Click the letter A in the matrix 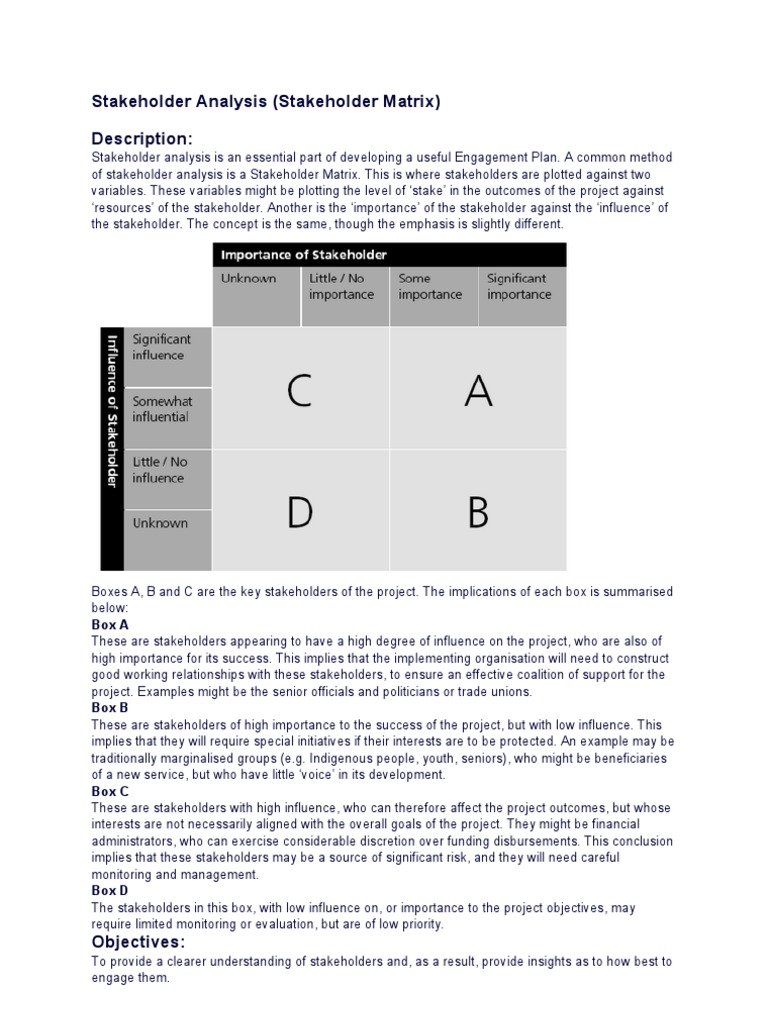478,392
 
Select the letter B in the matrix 478,512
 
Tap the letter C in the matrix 299,392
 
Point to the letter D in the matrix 299,512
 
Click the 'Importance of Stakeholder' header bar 389,254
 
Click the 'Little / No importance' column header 342,287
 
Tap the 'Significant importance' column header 519,287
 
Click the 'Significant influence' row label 161,348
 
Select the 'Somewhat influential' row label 162,409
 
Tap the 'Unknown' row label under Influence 160,523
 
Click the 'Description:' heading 142,138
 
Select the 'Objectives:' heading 138,942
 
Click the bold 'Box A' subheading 110,625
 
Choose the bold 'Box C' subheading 110,791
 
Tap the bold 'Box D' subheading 110,890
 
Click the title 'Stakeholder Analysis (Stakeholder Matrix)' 266,101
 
